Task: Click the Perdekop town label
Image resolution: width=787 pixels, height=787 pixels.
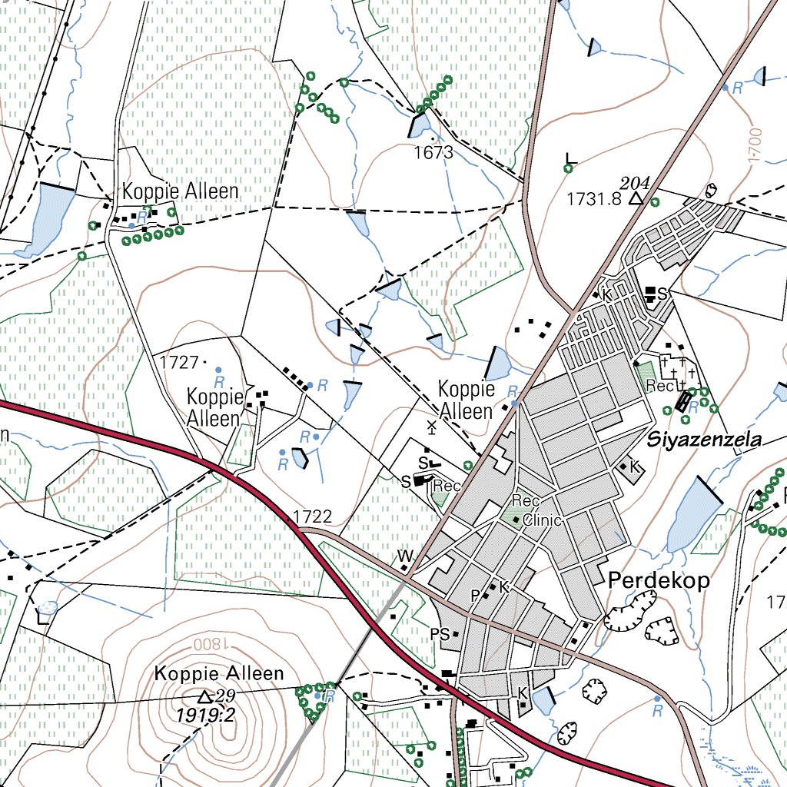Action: click(659, 580)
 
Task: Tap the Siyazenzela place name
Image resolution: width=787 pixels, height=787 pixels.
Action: click(704, 440)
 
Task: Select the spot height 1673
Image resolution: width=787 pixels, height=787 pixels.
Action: click(433, 152)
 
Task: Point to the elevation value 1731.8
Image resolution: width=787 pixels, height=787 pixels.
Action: click(593, 199)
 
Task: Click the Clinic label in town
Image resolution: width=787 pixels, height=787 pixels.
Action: click(543, 520)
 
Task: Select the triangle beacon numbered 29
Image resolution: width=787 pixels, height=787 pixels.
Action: click(204, 697)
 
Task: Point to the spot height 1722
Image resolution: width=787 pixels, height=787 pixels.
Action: click(312, 516)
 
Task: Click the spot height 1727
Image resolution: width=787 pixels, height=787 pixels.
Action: click(178, 360)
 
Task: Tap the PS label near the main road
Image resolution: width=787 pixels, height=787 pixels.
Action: click(440, 635)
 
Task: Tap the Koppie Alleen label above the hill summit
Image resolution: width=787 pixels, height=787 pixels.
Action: click(219, 674)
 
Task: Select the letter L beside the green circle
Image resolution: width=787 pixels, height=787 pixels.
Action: click(569, 158)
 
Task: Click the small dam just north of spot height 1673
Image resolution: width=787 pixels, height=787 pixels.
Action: click(420, 125)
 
